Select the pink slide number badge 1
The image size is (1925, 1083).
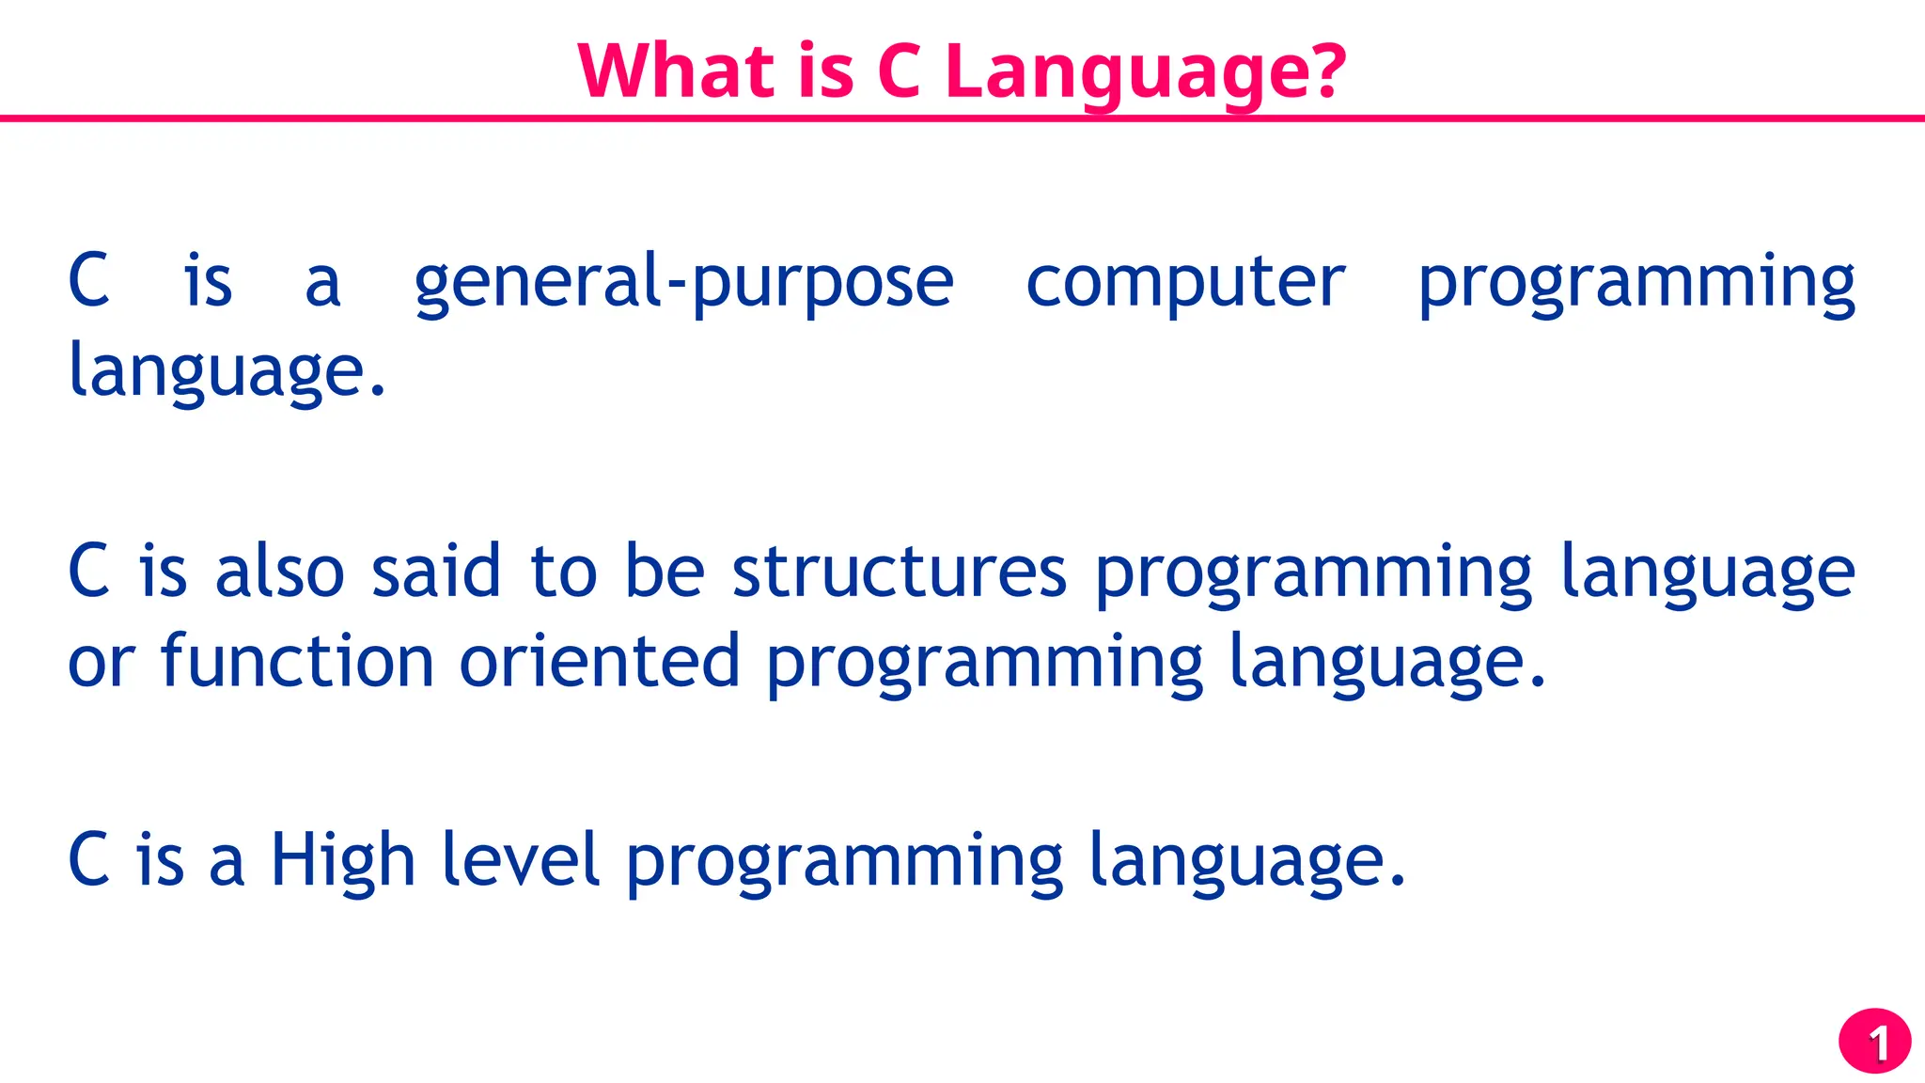[1874, 1042]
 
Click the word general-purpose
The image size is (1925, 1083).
[683, 282]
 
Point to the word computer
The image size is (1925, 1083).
[1184, 282]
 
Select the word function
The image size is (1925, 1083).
[297, 661]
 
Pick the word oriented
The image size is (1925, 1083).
[600, 661]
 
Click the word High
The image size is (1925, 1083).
[343, 860]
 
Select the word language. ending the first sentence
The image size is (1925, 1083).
[227, 371]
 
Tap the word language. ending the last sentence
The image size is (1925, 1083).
[1246, 862]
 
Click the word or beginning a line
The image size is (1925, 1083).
[101, 664]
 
